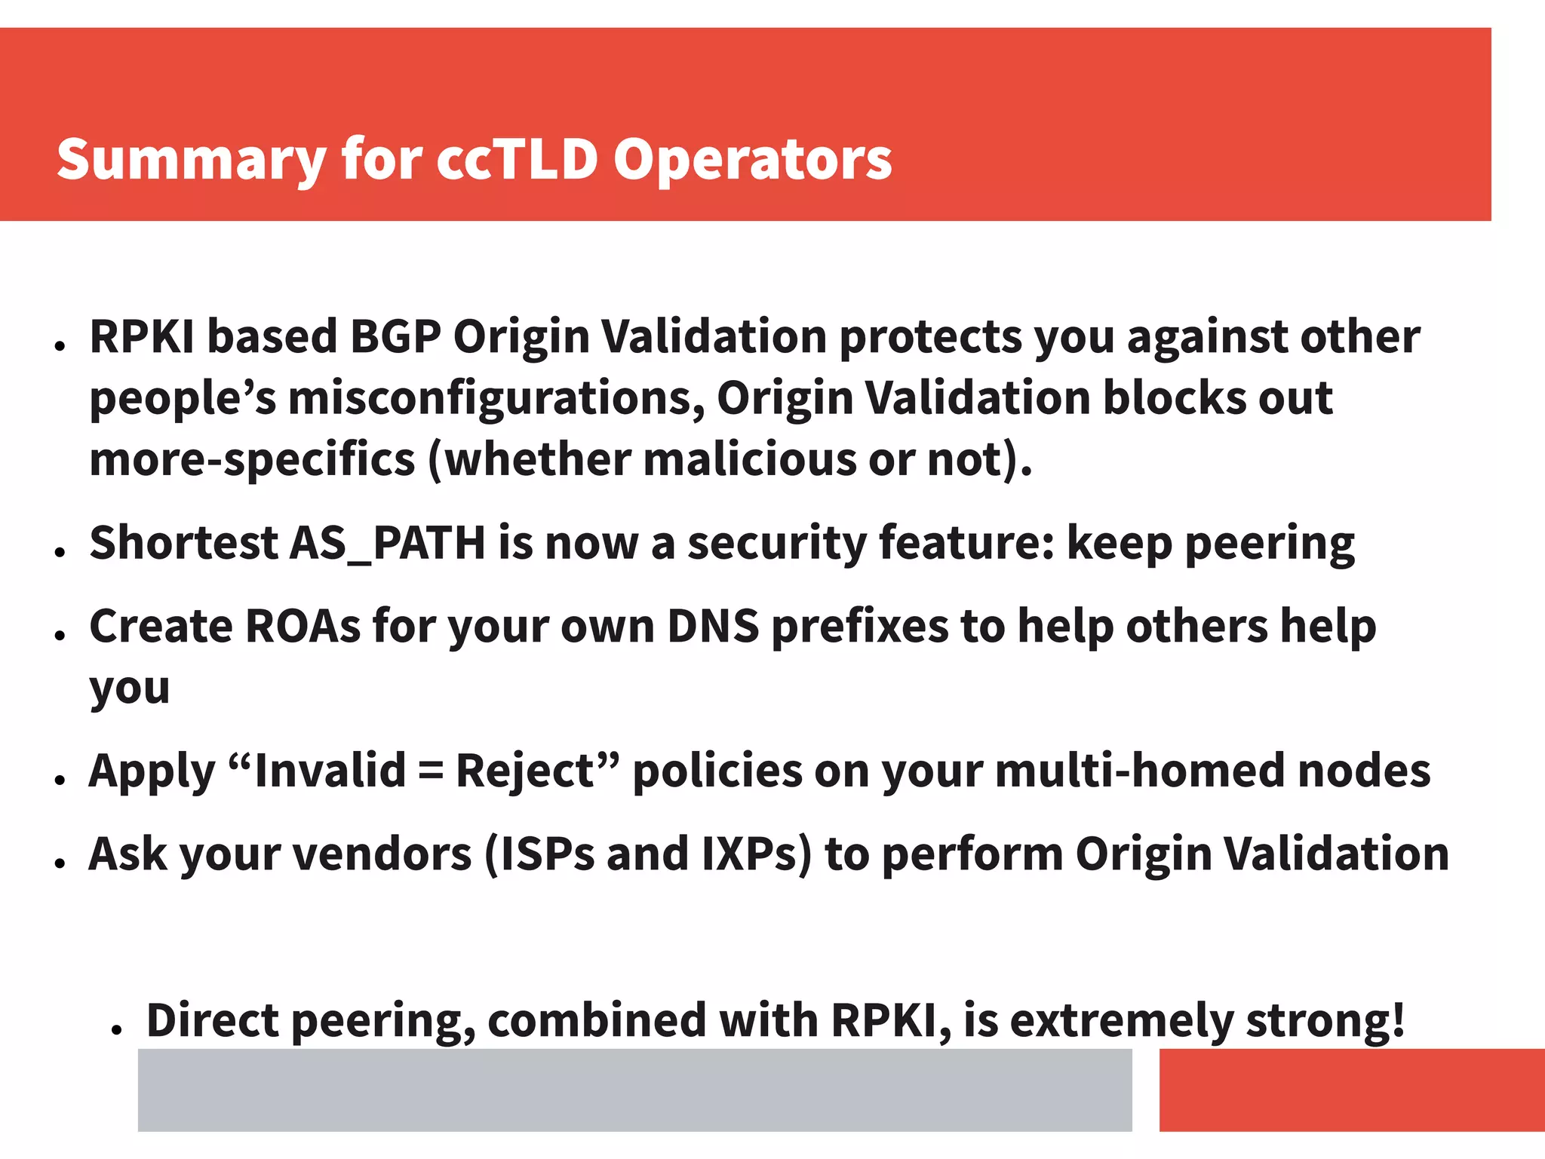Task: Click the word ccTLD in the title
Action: [517, 159]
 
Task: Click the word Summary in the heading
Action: [191, 161]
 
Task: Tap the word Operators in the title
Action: [752, 161]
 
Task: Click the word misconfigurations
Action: [496, 399]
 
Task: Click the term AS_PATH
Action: [388, 544]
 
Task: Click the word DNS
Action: [713, 627]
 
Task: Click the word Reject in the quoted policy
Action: [524, 771]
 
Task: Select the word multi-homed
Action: [1139, 771]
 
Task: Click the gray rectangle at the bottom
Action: [634, 1090]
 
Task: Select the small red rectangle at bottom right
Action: [1351, 1090]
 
